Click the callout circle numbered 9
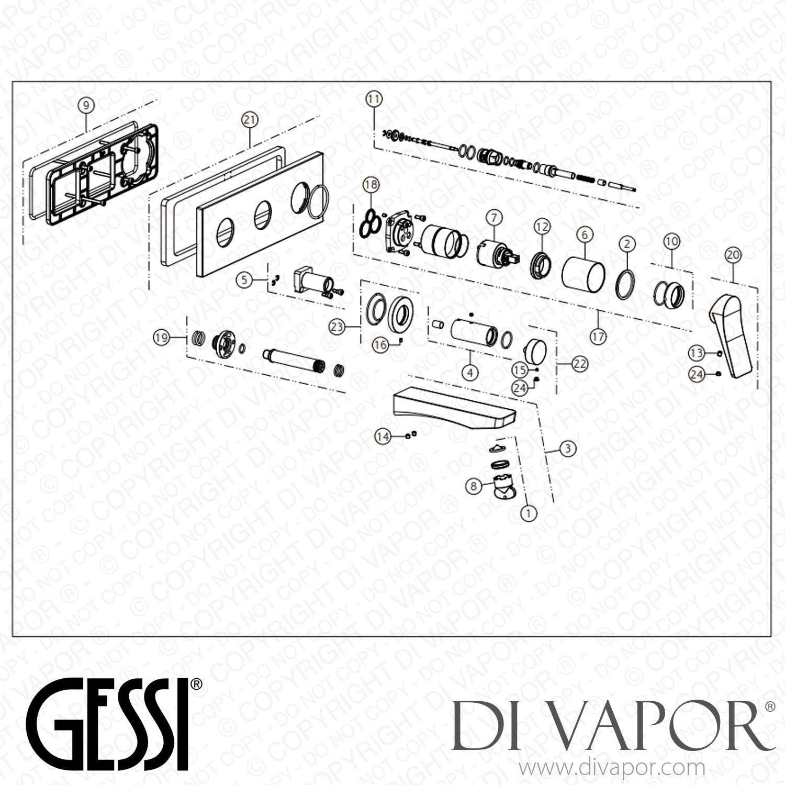pyautogui.click(x=86, y=105)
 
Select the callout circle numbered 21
pyautogui.click(x=250, y=120)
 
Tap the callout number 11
pyautogui.click(x=374, y=99)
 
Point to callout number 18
pyautogui.click(x=371, y=185)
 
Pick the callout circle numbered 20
pyautogui.click(x=733, y=255)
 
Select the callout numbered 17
pyautogui.click(x=598, y=337)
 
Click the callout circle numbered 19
pyautogui.click(x=161, y=338)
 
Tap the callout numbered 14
pyautogui.click(x=383, y=436)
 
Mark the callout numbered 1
pyautogui.click(x=528, y=513)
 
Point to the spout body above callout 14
pyautogui.click(x=453, y=405)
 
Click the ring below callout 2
pyautogui.click(x=625, y=284)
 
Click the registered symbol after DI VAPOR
pyautogui.click(x=770, y=706)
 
